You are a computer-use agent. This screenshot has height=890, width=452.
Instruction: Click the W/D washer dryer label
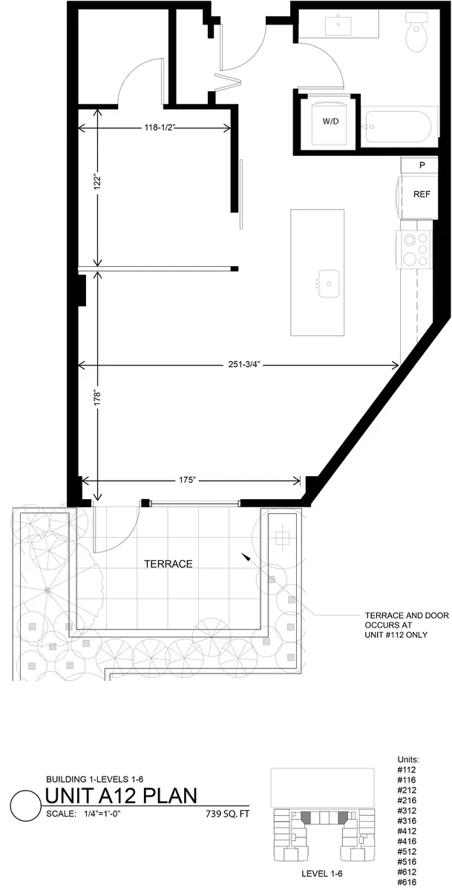coord(330,121)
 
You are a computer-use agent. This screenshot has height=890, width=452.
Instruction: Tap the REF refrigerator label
coord(422,194)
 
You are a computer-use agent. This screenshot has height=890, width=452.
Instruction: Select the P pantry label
coord(422,165)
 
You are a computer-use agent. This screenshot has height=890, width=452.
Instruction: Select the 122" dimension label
coord(96,183)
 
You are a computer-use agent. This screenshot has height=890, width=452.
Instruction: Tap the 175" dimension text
coord(187,480)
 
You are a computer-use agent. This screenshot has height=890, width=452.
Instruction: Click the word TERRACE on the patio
coord(168,564)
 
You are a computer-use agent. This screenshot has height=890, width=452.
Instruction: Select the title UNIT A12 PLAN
coord(121,797)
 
